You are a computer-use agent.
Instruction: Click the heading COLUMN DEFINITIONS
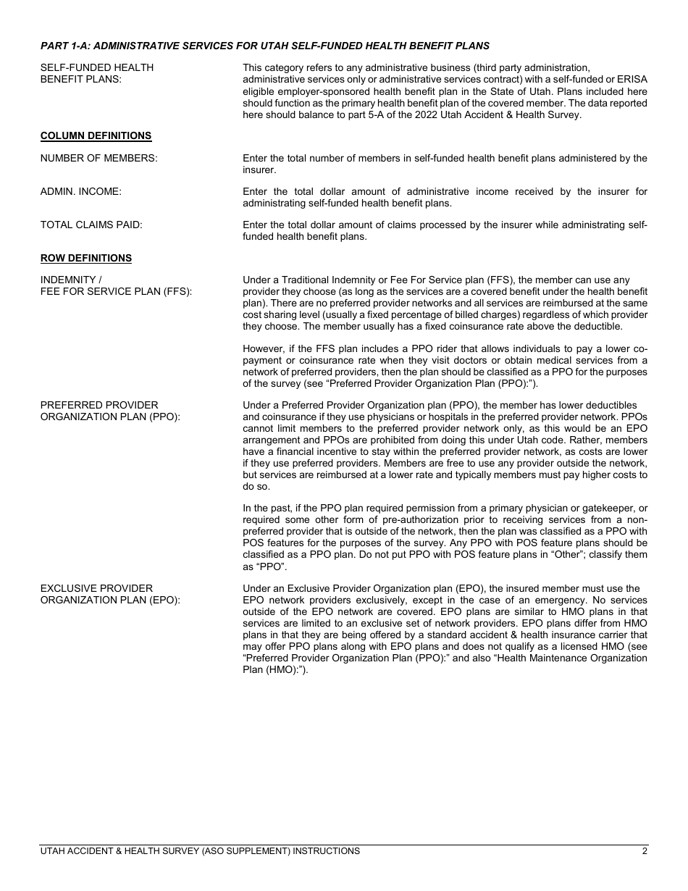coord(96,135)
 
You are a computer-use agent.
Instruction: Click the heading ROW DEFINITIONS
coord(85,258)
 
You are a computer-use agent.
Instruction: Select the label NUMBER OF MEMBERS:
coord(98,158)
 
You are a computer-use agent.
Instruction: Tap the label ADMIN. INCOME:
coord(80,191)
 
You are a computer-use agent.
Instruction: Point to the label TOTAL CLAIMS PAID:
coord(91,225)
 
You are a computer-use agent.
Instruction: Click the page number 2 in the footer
coord(644,851)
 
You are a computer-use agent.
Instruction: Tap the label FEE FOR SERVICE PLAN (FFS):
coord(116,291)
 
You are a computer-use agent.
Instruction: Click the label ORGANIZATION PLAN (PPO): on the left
coord(110,417)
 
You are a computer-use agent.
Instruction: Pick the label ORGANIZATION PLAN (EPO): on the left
coord(110,600)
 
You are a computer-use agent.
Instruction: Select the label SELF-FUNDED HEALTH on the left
coord(97,67)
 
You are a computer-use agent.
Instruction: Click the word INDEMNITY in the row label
coord(68,280)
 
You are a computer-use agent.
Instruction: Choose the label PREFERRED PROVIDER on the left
coord(99,405)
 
